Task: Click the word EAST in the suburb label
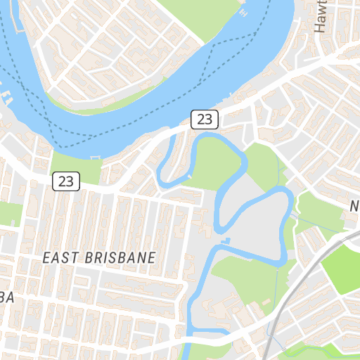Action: (x=59, y=258)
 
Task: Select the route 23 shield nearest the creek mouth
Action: (x=205, y=119)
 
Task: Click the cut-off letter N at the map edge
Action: (x=355, y=206)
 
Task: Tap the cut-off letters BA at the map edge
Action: (x=7, y=297)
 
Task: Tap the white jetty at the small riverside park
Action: (x=96, y=156)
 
